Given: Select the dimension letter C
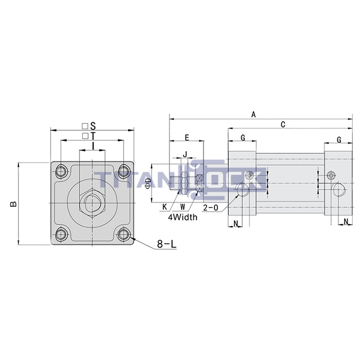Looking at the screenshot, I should (283, 124).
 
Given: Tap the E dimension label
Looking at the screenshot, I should (187, 137).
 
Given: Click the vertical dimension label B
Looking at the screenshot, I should (14, 204).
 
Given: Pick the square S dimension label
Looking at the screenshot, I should (89, 125).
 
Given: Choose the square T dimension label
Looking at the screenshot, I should (89, 136).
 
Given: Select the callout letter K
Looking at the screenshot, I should (164, 207).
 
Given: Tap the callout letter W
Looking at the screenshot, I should (183, 207).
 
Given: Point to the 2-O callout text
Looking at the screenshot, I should (211, 208).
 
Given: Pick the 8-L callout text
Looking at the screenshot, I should (166, 245).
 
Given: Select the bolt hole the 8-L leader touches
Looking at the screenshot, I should (123, 235).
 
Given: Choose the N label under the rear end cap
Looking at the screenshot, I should (346, 222).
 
